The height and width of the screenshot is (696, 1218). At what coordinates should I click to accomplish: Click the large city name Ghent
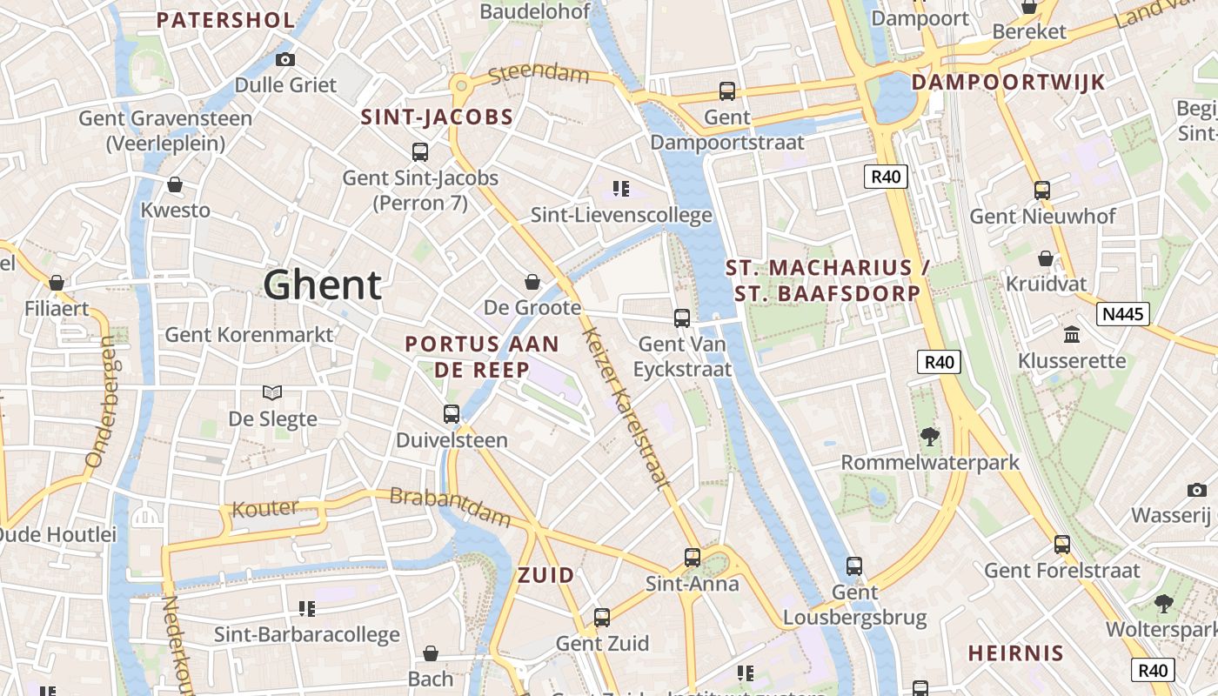click(x=323, y=284)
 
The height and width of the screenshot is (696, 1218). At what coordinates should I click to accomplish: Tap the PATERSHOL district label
click(x=225, y=20)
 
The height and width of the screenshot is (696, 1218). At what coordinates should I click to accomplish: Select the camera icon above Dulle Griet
click(x=284, y=60)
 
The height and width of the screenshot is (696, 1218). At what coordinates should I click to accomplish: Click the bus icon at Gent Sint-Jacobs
click(x=420, y=152)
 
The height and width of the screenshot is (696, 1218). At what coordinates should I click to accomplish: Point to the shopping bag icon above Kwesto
click(x=175, y=184)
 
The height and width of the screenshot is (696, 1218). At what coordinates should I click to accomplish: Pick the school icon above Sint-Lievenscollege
click(x=621, y=188)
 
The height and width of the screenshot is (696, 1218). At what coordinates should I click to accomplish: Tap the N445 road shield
click(x=1122, y=314)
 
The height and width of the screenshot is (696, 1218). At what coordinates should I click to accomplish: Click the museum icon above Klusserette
click(x=1072, y=334)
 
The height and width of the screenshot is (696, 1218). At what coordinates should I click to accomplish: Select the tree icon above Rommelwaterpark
click(x=929, y=436)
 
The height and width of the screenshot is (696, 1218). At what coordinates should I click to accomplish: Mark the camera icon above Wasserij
click(x=1197, y=490)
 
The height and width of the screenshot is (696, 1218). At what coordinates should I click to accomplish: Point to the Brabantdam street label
click(x=450, y=506)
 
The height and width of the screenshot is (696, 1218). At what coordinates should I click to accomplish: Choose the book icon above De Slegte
click(x=272, y=393)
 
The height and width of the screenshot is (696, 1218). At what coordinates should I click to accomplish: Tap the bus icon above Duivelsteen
click(x=452, y=414)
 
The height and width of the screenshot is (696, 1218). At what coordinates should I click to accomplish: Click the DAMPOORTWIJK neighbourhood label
click(x=1007, y=83)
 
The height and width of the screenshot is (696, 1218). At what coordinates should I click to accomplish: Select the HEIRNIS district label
click(x=1015, y=652)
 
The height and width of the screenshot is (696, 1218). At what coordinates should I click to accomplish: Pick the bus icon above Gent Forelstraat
click(x=1062, y=545)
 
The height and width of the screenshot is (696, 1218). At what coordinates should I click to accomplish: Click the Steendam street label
click(x=539, y=74)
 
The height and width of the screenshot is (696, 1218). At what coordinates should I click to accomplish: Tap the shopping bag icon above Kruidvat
click(x=1046, y=258)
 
